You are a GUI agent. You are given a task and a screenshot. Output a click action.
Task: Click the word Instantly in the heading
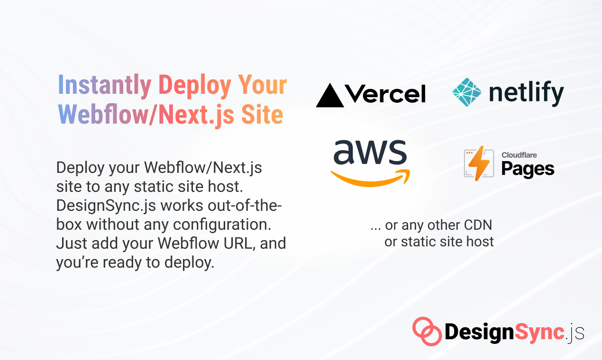point(104,85)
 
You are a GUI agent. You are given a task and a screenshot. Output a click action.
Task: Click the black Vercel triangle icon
point(330,95)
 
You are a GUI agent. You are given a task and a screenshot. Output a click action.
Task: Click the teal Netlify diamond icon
point(467,92)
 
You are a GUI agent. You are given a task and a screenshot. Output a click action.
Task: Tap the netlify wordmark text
point(526,93)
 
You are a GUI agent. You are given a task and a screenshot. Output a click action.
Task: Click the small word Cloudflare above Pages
point(519,155)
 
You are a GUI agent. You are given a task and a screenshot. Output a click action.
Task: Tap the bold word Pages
point(528,169)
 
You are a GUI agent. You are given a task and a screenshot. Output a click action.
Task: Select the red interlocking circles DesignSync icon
point(426,331)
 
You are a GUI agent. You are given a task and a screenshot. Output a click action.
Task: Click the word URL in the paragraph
point(243,243)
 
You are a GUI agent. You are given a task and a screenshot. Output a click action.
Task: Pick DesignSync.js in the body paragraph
point(105,206)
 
